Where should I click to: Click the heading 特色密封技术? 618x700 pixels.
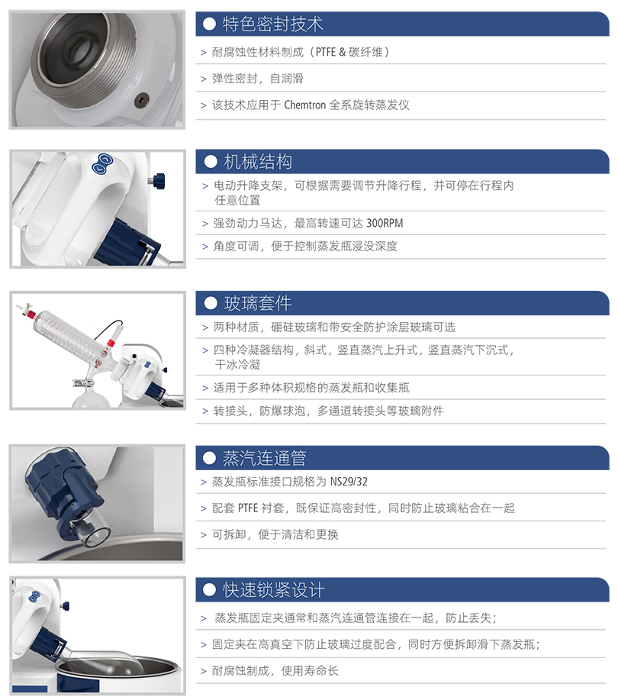pyautogui.click(x=272, y=24)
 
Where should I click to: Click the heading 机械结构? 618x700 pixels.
pyautogui.click(x=258, y=162)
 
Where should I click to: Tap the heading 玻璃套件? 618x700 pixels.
pyautogui.click(x=258, y=304)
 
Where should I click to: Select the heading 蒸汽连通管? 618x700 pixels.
pyautogui.click(x=264, y=458)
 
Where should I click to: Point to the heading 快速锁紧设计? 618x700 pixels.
pyautogui.click(x=274, y=590)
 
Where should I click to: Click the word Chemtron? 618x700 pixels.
pyautogui.click(x=304, y=105)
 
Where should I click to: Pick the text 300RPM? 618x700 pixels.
pyautogui.click(x=385, y=223)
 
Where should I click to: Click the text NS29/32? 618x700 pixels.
pyautogui.click(x=349, y=482)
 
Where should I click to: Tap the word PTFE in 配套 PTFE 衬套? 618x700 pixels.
pyautogui.click(x=248, y=508)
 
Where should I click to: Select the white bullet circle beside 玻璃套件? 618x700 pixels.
pyautogui.click(x=210, y=304)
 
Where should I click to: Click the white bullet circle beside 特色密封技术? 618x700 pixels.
pyautogui.click(x=209, y=24)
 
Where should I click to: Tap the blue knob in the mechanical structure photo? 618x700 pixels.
pyautogui.click(x=158, y=180)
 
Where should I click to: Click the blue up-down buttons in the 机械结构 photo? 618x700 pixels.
pyautogui.click(x=102, y=163)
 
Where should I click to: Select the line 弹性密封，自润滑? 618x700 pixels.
pyautogui.click(x=257, y=79)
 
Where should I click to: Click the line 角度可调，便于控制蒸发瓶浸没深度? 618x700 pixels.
pyautogui.click(x=305, y=247)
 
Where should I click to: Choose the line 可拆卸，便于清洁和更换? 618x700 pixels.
pyautogui.click(x=275, y=534)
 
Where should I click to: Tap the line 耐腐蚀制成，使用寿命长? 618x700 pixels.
pyautogui.click(x=275, y=670)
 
